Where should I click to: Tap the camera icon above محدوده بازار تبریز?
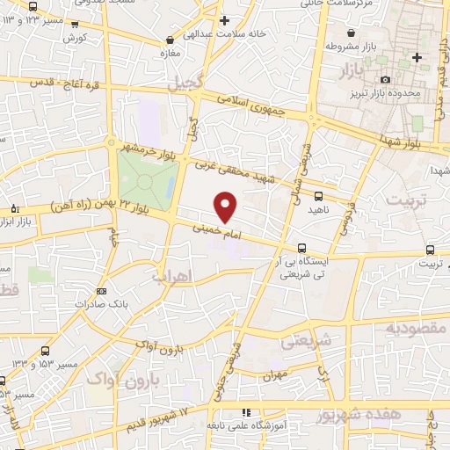[385, 80]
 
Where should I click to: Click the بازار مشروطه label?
[345, 45]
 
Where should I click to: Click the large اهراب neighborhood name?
[171, 276]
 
